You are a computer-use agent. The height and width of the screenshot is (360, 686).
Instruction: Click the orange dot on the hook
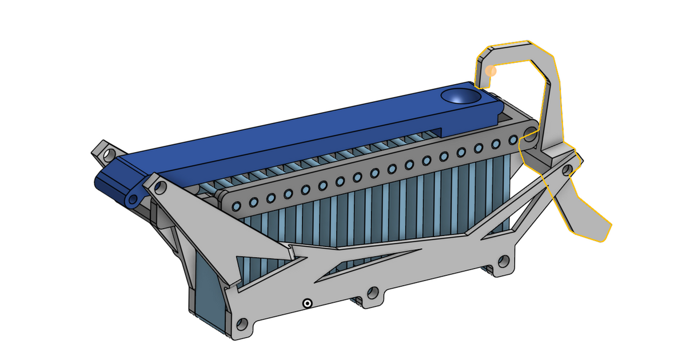[x=490, y=71]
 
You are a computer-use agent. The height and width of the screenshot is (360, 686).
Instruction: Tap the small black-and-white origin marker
[x=308, y=303]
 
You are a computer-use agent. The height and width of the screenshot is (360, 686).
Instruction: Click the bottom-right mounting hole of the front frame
[x=503, y=261]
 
